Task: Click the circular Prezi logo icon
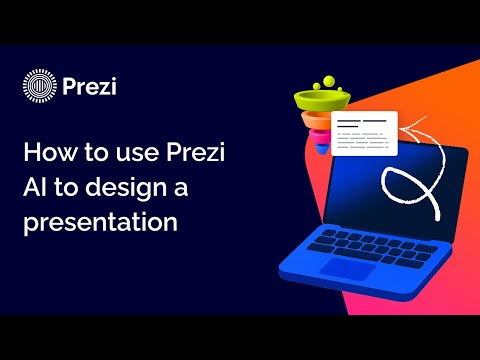click(38, 88)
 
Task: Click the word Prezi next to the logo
click(89, 88)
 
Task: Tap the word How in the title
click(48, 155)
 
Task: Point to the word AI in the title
click(36, 189)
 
